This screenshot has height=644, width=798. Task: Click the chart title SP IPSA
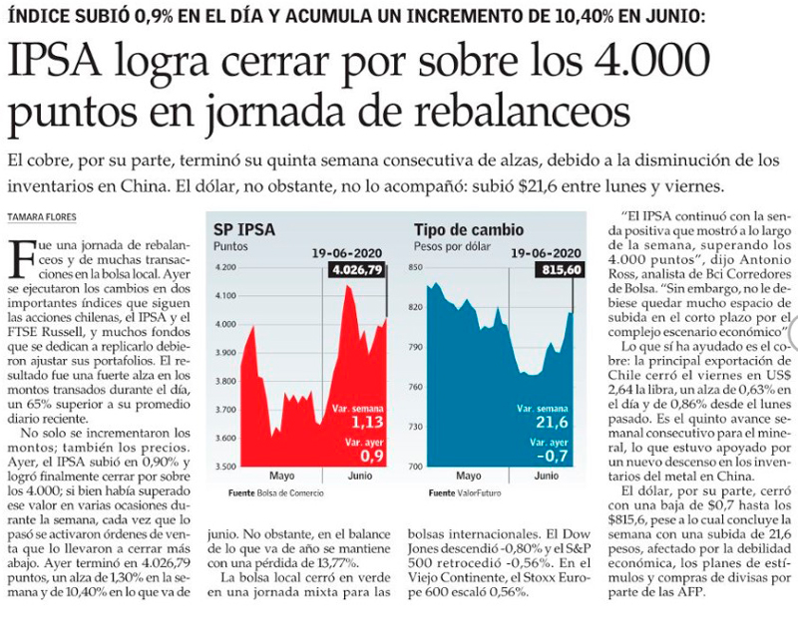coord(244,230)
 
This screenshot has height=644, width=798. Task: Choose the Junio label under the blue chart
coord(547,477)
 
